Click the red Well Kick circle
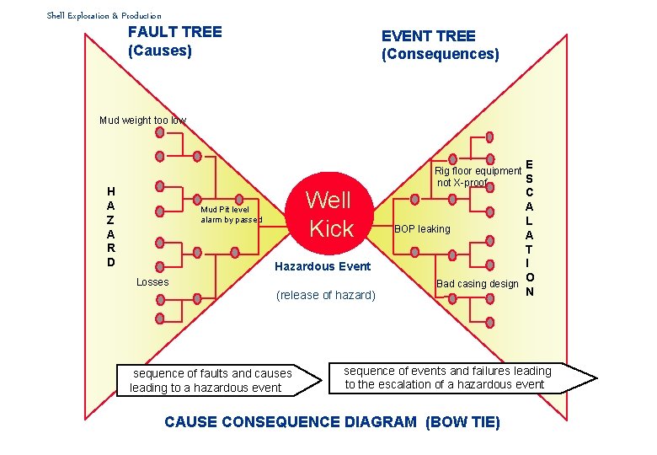(328, 213)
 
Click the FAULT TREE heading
(174, 32)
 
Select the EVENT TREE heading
(428, 36)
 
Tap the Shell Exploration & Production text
(104, 15)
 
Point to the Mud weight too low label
(142, 120)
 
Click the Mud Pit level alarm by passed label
(231, 215)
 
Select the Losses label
(152, 282)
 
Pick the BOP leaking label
(423, 229)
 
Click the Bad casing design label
(477, 284)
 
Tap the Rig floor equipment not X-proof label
(477, 177)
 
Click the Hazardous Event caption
(323, 266)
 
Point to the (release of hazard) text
(326, 295)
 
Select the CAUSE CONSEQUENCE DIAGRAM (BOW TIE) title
(332, 422)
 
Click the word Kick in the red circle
(332, 228)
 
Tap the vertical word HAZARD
(111, 227)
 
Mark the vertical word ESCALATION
(529, 227)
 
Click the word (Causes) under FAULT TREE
(160, 51)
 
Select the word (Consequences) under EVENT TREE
(440, 55)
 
